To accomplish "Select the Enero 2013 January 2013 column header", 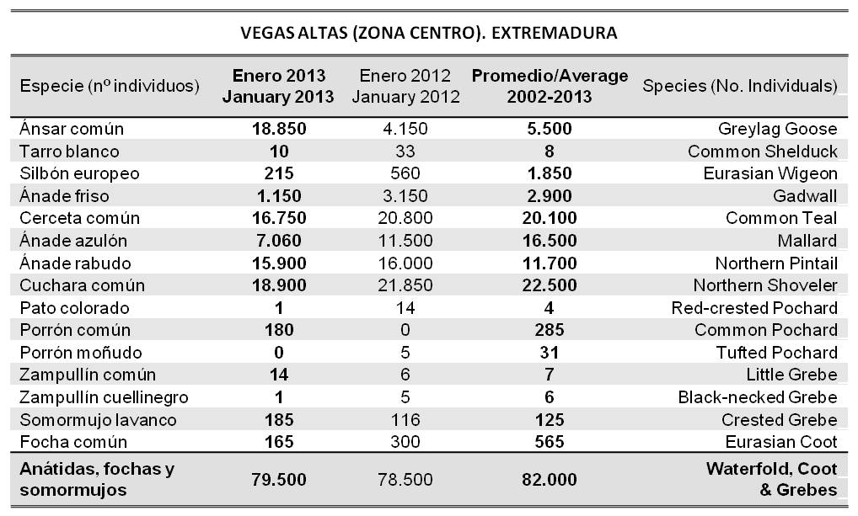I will coord(278,86).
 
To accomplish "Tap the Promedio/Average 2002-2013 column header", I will coord(550,86).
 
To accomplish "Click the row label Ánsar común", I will coord(72,129).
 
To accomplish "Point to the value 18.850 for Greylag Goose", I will coord(278,129).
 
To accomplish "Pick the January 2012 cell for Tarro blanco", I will coord(406,152).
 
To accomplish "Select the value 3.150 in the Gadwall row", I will coord(406,196).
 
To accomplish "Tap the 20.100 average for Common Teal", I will coord(550,218).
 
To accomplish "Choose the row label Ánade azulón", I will coord(73,241).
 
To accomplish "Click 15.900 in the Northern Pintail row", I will coord(278,263).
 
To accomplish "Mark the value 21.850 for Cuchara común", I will coord(406,285).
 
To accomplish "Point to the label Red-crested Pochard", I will coord(754,307).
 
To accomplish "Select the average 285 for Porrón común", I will coord(550,330).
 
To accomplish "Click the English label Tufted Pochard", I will coord(774,352).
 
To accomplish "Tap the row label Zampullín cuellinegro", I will coord(104,396).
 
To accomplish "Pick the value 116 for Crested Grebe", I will coord(406,419).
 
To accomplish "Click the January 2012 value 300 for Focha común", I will coord(406,441).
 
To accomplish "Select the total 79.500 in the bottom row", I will coord(278,479).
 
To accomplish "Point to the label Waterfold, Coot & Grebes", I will coord(771,479).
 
